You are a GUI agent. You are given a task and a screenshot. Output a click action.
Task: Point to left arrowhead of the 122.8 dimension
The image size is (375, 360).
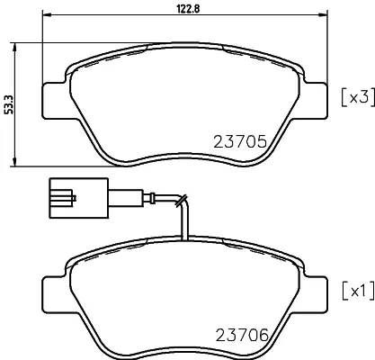point(48,16)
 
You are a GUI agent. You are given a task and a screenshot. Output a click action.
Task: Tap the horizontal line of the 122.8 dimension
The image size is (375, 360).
point(135,16)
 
